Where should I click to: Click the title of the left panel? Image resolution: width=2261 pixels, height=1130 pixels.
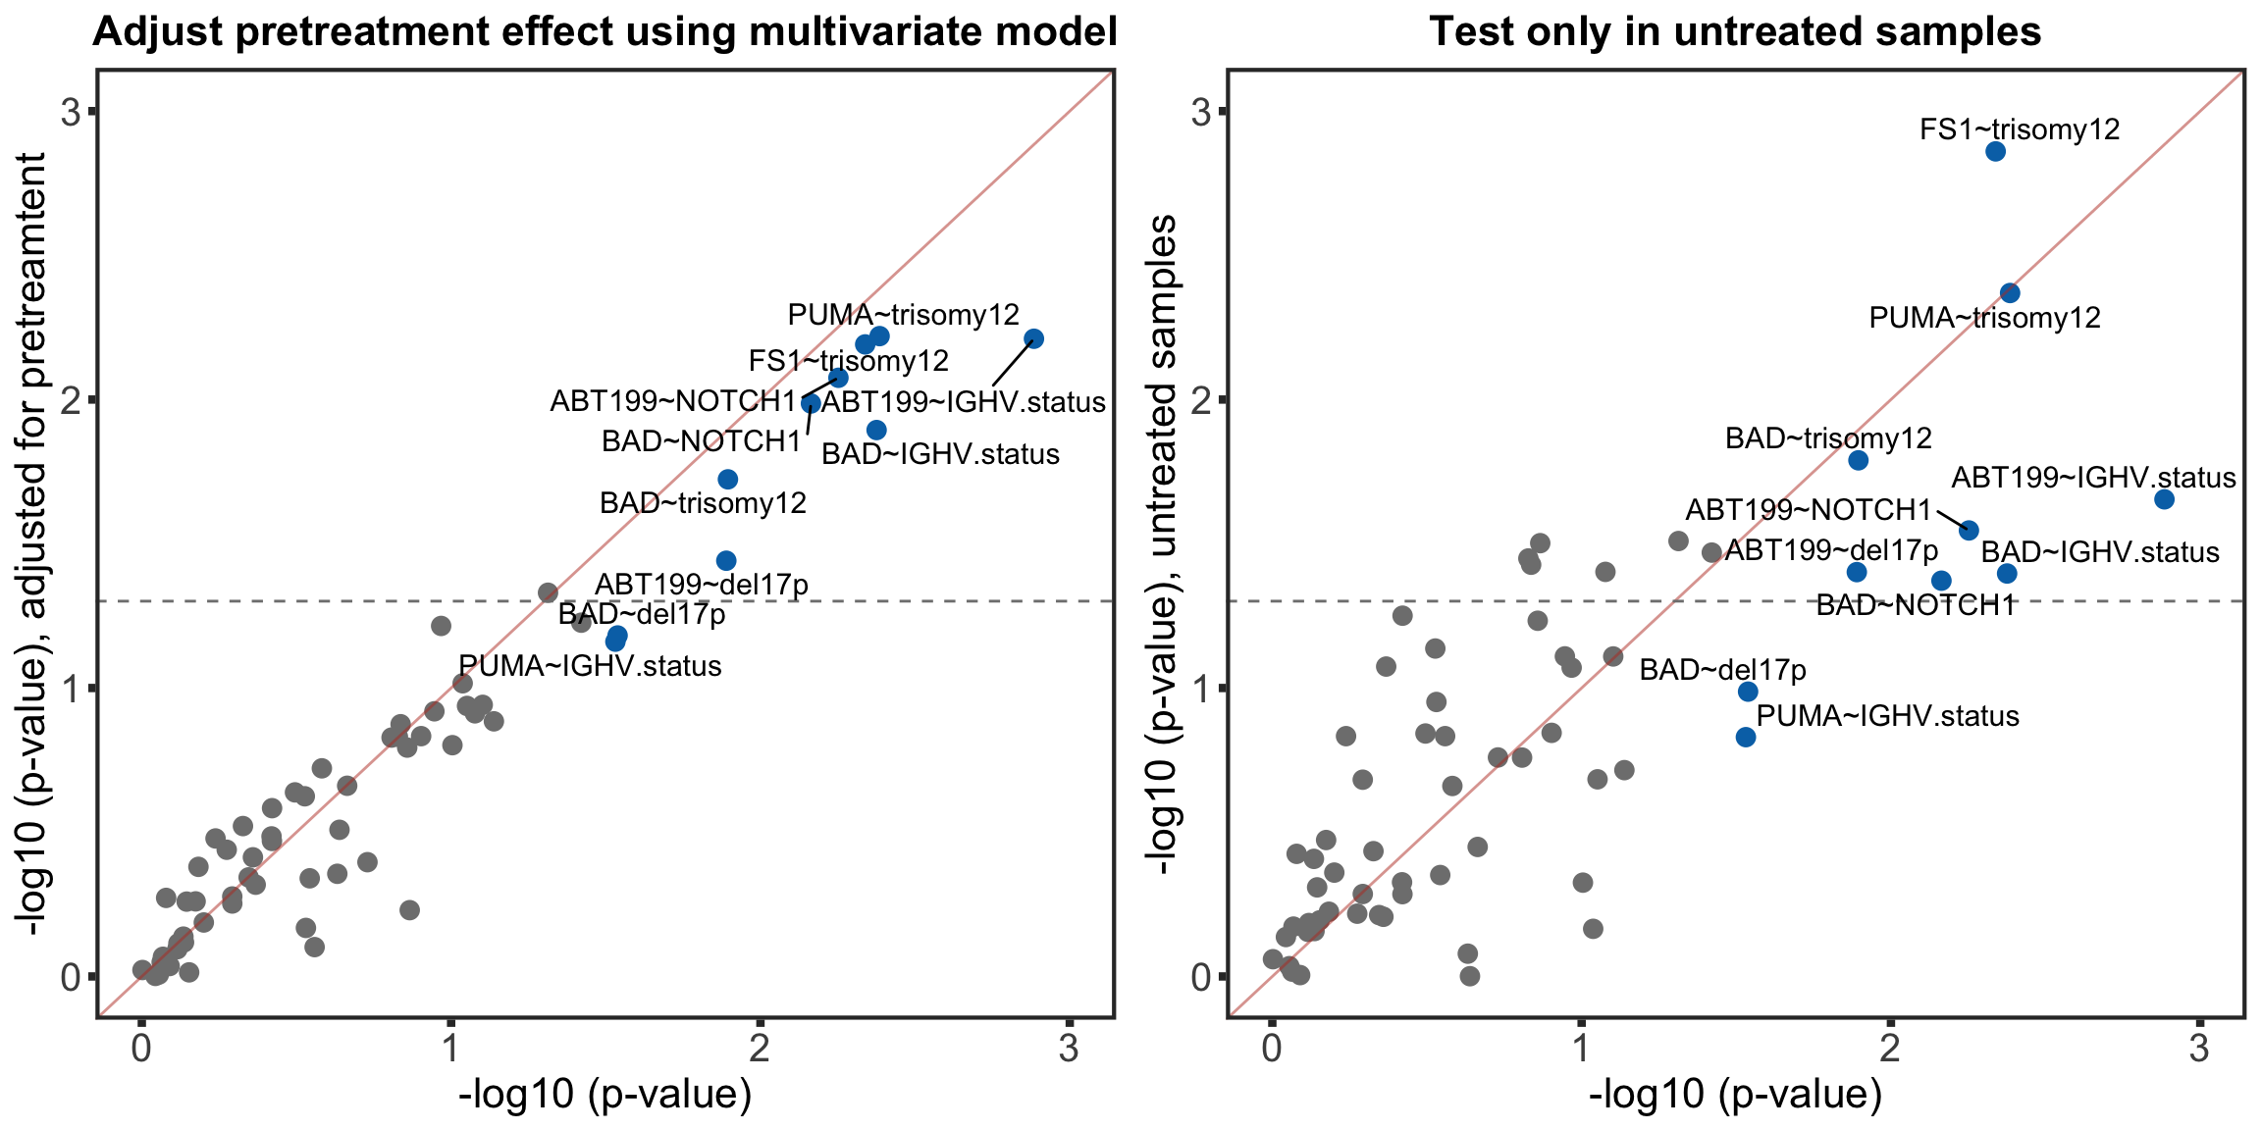605,32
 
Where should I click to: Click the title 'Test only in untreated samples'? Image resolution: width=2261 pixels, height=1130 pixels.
1735,32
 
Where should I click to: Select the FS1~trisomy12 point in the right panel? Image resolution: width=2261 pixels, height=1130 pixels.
1995,151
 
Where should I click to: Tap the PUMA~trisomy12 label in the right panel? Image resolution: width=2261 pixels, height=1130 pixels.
1984,318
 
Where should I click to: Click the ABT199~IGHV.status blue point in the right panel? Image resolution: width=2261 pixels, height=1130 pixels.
2164,499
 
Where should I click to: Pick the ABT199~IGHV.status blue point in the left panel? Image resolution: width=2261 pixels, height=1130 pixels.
1033,338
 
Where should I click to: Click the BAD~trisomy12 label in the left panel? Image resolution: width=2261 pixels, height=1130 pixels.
703,503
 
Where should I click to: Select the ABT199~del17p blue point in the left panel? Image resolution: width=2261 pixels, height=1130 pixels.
726,561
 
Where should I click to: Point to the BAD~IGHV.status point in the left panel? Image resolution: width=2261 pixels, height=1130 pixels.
876,430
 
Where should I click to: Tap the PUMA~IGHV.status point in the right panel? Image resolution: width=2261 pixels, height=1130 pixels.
1746,737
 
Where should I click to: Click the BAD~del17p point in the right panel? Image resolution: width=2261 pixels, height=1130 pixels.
1748,692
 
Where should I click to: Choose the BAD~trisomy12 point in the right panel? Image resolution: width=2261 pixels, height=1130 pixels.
1858,460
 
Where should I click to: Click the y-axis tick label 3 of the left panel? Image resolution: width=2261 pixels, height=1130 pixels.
71,113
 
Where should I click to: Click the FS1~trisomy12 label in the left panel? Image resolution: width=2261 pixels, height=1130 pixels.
849,361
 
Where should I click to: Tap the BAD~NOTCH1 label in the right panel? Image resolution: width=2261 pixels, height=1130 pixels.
1915,605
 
